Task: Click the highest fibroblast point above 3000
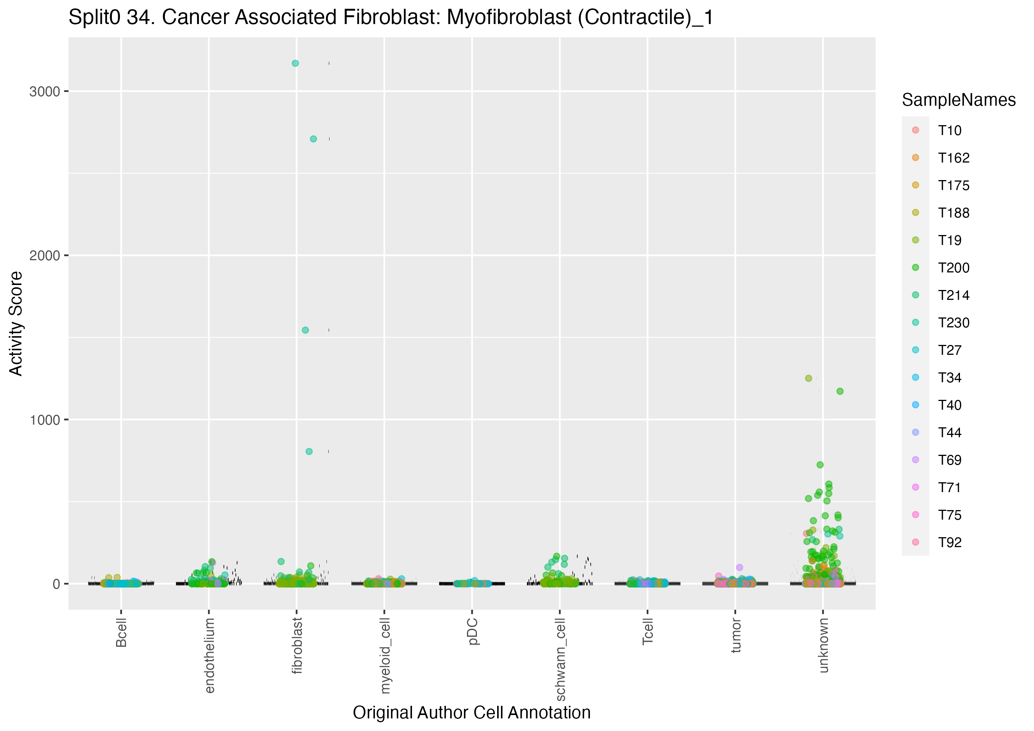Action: [x=295, y=63]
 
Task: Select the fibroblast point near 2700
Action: [x=313, y=139]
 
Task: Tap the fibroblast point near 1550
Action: [x=305, y=330]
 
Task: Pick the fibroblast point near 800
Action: [x=309, y=451]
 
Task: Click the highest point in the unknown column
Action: [x=808, y=378]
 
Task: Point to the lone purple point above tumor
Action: [x=740, y=567]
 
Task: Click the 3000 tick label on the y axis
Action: [x=45, y=92]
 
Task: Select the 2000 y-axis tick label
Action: [x=45, y=256]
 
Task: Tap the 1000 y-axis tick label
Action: [x=45, y=420]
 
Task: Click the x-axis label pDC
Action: [x=472, y=632]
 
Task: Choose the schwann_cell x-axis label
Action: [x=560, y=659]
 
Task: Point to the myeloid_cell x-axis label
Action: [x=385, y=655]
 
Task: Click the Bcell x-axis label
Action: [x=121, y=633]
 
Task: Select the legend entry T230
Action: [x=953, y=323]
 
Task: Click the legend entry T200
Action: [x=953, y=268]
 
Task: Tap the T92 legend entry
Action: [x=949, y=543]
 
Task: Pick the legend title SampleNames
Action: [x=958, y=100]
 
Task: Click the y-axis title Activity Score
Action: [x=16, y=323]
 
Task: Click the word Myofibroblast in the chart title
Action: [x=509, y=17]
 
